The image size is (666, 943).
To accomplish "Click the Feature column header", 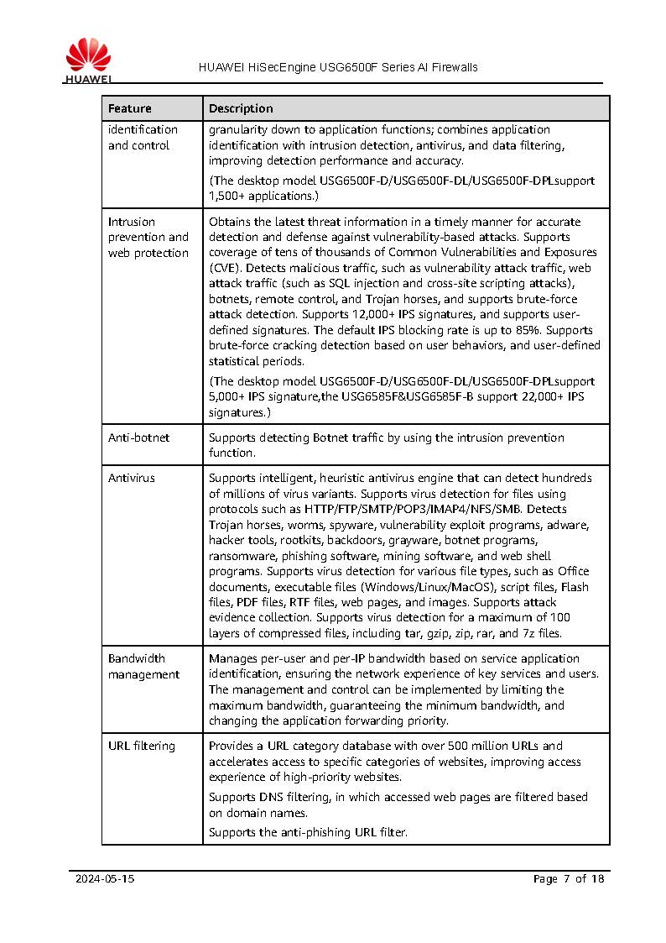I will click(130, 108).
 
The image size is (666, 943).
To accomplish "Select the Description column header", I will click(241, 108).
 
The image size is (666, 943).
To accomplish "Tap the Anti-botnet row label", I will click(138, 437).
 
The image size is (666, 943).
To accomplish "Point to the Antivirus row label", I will click(132, 478).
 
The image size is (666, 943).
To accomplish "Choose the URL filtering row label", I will click(142, 746).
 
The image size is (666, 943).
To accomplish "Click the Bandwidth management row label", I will click(143, 666).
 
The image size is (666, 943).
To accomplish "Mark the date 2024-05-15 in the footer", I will click(105, 879).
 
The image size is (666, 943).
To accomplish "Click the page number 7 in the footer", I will click(566, 879).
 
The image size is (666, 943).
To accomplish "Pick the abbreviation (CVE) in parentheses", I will click(224, 268).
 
